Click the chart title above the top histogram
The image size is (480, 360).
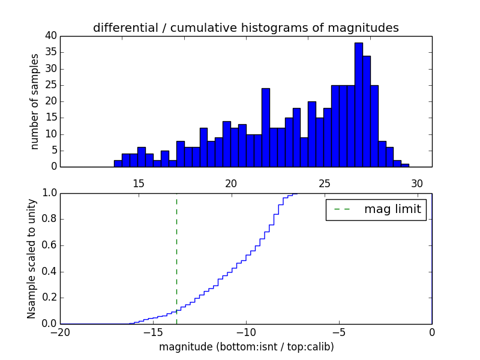pos(245,28)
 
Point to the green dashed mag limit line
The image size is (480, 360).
pos(176,258)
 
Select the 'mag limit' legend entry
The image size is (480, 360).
pos(376,209)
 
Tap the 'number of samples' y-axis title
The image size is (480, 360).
pos(35,101)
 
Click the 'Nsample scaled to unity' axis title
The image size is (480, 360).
pos(32,258)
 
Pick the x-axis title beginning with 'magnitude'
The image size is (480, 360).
pos(246,347)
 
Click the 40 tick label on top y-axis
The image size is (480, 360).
pos(50,36)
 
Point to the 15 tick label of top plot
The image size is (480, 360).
pos(138,183)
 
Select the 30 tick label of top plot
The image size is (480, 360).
pos(417,183)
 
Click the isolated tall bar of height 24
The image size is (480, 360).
pos(265,128)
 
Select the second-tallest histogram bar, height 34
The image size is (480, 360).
pos(366,112)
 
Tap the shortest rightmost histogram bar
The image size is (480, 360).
pos(405,165)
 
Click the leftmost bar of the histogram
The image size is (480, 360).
pos(118,163)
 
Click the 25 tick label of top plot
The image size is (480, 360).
pos(324,183)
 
